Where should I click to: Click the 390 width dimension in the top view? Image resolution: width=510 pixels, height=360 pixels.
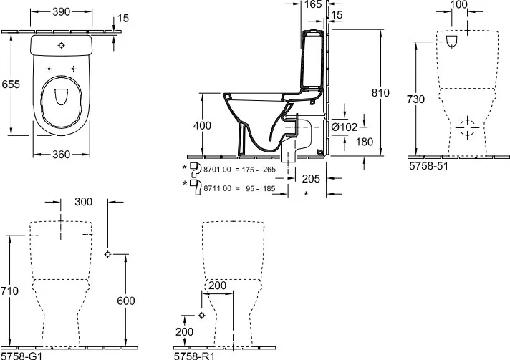(x=61, y=11)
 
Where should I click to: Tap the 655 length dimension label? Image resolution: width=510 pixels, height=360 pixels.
(x=11, y=84)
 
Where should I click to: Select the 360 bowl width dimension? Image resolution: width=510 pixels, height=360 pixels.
(x=61, y=155)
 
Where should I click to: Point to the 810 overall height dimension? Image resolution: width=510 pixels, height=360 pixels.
(x=380, y=92)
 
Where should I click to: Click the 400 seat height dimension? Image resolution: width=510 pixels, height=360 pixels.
(x=202, y=125)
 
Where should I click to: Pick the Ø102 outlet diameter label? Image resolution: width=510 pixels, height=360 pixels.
(x=344, y=127)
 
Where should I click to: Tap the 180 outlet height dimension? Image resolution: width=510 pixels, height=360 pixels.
(x=365, y=142)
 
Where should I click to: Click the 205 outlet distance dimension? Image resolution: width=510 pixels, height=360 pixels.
(x=311, y=178)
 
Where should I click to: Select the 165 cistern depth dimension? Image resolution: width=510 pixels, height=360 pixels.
(x=313, y=4)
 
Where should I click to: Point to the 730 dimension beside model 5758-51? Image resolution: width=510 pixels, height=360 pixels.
(x=415, y=99)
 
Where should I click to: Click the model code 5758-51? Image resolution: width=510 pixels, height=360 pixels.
(x=428, y=166)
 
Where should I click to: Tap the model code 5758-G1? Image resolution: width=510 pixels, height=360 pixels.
(x=21, y=356)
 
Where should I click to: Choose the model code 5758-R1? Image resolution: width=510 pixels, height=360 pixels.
(x=194, y=356)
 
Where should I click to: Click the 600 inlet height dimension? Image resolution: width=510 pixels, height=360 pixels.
(x=126, y=301)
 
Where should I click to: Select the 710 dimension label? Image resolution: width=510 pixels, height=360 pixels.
(x=9, y=291)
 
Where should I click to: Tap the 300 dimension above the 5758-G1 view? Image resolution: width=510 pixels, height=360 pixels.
(x=84, y=202)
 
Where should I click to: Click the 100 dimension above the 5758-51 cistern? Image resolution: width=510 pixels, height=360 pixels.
(x=459, y=4)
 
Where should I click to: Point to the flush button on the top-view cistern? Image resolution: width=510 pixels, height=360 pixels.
(x=62, y=46)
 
